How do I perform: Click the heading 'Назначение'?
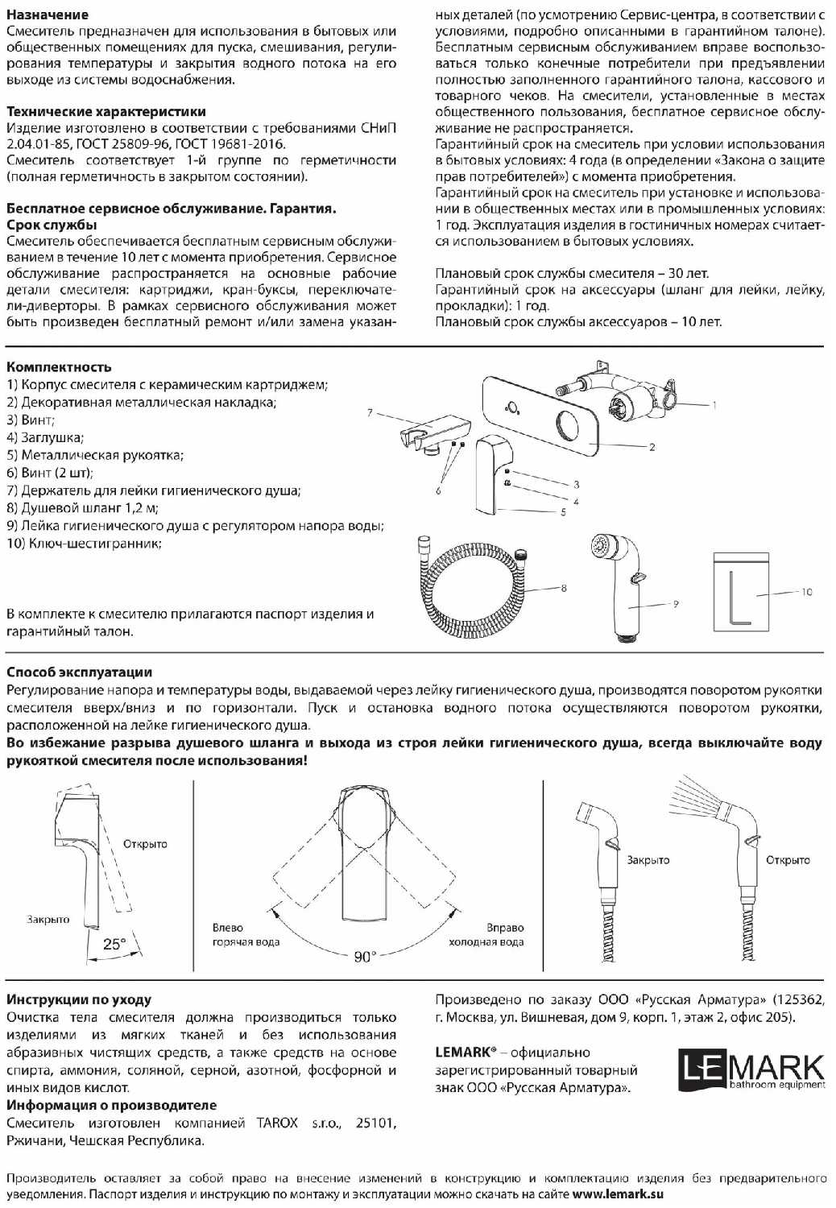(x=48, y=14)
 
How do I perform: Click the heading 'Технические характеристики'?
(x=106, y=112)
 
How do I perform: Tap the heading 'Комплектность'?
(x=59, y=367)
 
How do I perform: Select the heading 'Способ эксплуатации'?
(x=80, y=672)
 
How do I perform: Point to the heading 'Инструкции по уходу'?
(x=79, y=999)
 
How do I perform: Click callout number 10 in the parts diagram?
(x=806, y=592)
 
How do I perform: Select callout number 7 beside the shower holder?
(x=370, y=412)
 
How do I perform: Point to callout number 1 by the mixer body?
(x=714, y=405)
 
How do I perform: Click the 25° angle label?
(x=114, y=944)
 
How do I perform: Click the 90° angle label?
(x=365, y=957)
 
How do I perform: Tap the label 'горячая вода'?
(x=246, y=942)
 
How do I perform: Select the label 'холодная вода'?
(x=486, y=942)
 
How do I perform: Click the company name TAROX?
(x=277, y=1123)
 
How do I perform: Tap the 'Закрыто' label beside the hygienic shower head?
(x=648, y=860)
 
